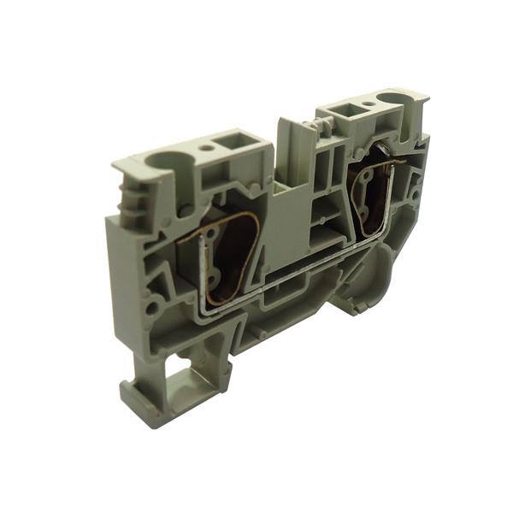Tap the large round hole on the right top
tap(398, 99)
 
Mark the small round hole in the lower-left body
tap(152, 305)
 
